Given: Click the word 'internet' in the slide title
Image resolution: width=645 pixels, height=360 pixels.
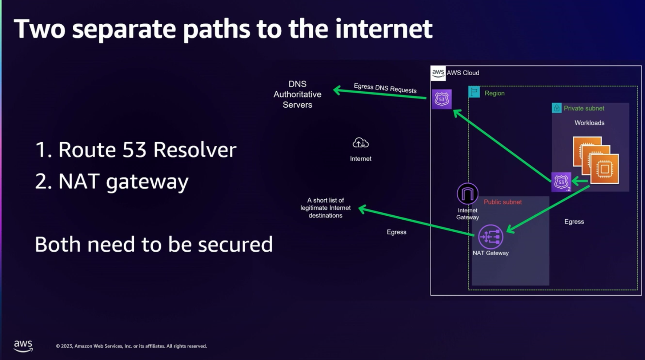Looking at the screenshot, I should point(384,29).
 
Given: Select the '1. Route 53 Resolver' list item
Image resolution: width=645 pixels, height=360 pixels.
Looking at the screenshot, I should point(136,149).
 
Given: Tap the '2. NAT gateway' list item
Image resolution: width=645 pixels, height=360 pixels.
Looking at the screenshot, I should point(112,181).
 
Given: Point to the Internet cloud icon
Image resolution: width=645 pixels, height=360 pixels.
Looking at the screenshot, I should point(360,143).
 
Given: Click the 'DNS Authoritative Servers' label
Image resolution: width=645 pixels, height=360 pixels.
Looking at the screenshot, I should point(297,95).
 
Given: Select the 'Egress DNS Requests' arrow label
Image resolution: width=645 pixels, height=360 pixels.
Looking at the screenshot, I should point(385,88).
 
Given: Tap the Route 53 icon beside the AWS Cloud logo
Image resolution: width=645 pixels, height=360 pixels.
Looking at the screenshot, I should point(442,99).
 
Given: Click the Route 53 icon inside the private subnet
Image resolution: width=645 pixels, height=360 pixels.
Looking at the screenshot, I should point(561,182).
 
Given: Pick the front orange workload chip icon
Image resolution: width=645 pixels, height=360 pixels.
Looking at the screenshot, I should point(605,169).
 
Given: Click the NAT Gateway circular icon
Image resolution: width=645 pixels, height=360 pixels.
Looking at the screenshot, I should point(490,237).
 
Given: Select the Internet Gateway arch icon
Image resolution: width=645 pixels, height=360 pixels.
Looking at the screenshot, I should point(467,193).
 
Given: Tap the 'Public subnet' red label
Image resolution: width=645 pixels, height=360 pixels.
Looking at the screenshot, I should point(502,202).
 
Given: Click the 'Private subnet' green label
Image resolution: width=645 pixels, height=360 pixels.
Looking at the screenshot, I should point(584,108).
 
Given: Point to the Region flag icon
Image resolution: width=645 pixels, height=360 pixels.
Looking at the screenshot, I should point(474,92).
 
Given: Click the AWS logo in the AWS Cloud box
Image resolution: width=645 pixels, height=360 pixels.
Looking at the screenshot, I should point(438,73).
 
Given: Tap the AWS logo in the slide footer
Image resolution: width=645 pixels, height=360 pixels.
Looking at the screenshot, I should point(23,345).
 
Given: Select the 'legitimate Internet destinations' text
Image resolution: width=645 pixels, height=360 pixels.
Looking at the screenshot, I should point(325,208).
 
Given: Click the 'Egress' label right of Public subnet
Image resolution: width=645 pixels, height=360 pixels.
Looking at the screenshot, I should point(574,222).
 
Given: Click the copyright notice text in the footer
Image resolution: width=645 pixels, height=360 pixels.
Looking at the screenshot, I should point(131,346).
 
